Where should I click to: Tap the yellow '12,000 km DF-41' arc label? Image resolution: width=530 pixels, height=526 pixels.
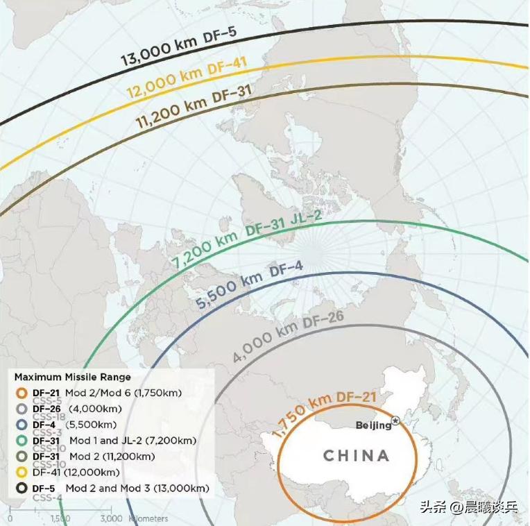coord(186,76)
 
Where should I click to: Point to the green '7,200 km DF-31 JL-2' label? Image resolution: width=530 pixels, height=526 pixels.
coord(247,239)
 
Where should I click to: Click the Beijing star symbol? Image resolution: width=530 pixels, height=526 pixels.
coord(395,421)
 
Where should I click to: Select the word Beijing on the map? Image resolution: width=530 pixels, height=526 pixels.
coord(373,425)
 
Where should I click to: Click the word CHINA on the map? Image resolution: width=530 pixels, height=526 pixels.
coord(357,456)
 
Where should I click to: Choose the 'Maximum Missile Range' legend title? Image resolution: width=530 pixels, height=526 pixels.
coord(72,377)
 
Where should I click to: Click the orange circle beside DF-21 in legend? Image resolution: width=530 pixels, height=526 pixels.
coord(22,393)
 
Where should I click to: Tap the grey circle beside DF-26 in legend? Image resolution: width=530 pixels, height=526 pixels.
coord(22,409)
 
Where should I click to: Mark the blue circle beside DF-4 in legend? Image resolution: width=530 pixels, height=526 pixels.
coord(22,425)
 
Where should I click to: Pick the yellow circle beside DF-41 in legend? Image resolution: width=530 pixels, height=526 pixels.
coord(22,473)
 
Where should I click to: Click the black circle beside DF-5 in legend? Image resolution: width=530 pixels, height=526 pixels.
coord(22,489)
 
